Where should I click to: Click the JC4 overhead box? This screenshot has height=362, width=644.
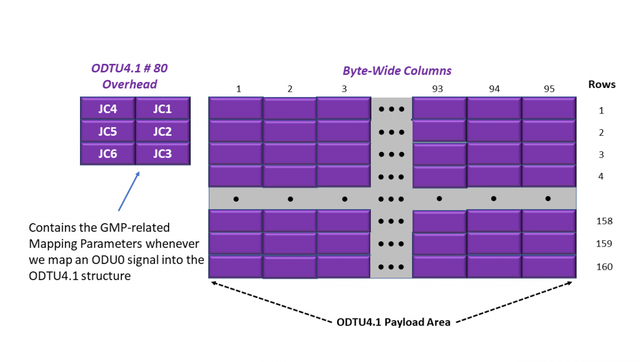click(x=107, y=109)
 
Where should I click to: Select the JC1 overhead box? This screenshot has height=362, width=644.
click(x=163, y=109)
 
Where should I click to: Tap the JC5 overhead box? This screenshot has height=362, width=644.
click(x=107, y=131)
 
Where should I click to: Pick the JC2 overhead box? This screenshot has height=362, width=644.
click(x=163, y=131)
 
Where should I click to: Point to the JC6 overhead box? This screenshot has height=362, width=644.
click(x=107, y=154)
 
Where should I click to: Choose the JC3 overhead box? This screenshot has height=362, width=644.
click(x=163, y=154)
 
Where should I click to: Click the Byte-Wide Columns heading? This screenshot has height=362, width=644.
click(x=397, y=71)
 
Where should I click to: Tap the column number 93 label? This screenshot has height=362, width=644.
click(x=437, y=89)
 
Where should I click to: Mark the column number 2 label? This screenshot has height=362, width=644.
click(x=290, y=89)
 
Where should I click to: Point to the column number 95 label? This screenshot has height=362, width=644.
click(x=548, y=89)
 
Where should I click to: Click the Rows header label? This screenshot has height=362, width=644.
click(x=602, y=84)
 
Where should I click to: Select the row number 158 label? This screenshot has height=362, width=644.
click(x=604, y=221)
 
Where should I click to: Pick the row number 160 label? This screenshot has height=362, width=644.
click(x=604, y=267)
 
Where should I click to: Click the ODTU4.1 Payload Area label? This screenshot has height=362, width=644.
click(x=393, y=322)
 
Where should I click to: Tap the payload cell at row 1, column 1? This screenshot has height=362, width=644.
click(x=236, y=108)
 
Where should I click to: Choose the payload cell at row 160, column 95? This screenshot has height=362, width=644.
click(x=548, y=267)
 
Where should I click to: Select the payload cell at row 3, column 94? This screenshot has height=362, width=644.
click(x=494, y=153)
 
